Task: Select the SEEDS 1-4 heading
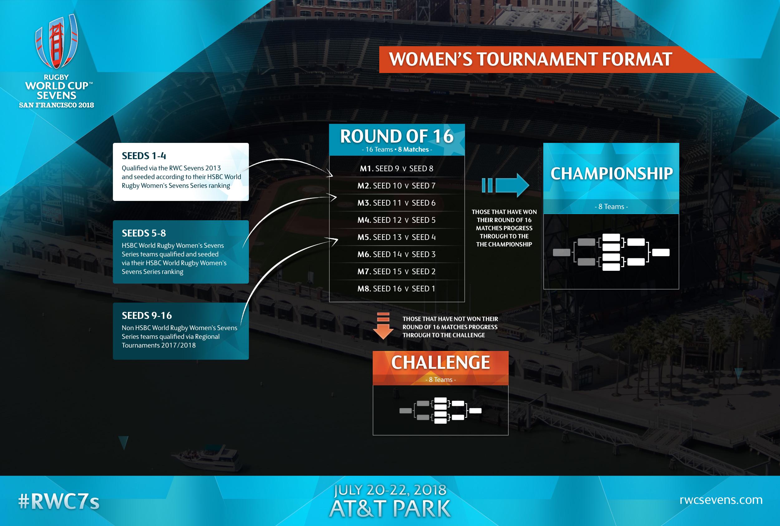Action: click(x=144, y=156)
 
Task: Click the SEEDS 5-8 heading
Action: click(x=144, y=233)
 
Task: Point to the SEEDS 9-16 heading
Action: click(x=147, y=315)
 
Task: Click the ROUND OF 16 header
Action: click(x=397, y=136)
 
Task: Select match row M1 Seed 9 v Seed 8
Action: click(x=397, y=168)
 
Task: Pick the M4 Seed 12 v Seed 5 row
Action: click(x=397, y=220)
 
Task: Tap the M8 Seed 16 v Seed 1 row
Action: click(x=397, y=289)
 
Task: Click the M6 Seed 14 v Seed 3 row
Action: click(x=397, y=254)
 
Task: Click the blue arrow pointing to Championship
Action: click(x=506, y=185)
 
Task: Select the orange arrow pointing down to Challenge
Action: click(x=383, y=326)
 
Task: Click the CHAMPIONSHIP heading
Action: click(x=611, y=173)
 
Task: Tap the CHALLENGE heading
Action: click(x=441, y=362)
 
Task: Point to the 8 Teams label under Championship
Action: click(x=611, y=207)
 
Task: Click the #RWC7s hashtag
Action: click(x=59, y=502)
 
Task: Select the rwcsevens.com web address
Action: click(x=721, y=500)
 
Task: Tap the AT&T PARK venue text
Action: click(x=390, y=509)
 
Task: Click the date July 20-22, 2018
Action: click(x=390, y=490)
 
